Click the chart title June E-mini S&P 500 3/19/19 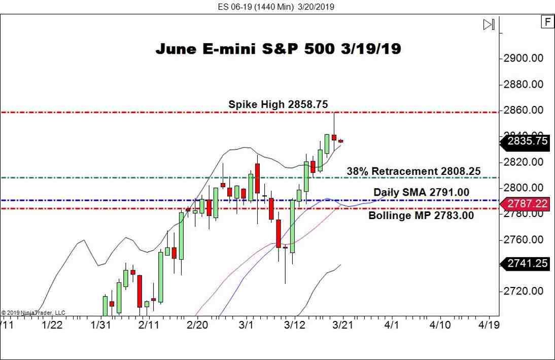click(278, 49)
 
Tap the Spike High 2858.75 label click(278, 104)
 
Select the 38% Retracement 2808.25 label click(413, 171)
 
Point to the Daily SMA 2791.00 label click(421, 192)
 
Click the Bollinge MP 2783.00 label click(421, 215)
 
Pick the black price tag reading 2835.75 click(527, 141)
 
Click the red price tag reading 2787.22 click(527, 204)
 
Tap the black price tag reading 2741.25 click(527, 263)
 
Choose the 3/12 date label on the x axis click(295, 325)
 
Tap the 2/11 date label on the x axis click(149, 325)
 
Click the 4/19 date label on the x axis click(488, 325)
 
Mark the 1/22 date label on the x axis click(52, 325)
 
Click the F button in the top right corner click(547, 22)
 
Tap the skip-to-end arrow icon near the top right click(489, 24)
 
